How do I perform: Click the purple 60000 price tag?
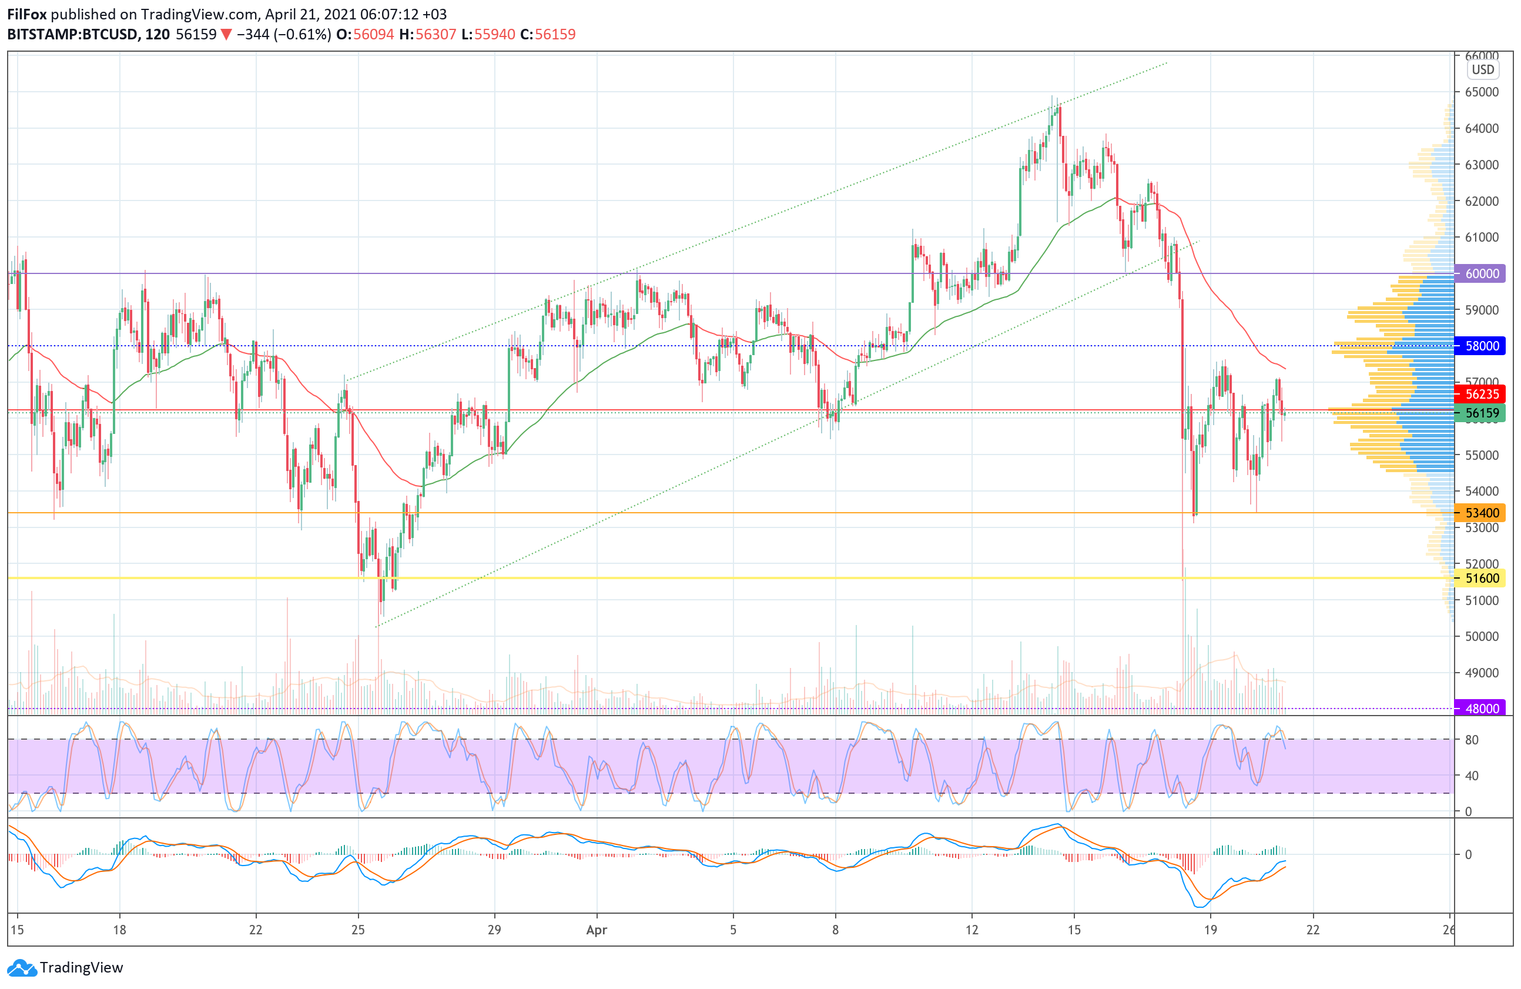(1482, 273)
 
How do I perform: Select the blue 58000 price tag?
(1482, 346)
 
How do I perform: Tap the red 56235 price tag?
(1482, 395)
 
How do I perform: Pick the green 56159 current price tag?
(1482, 413)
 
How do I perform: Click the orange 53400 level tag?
(1482, 513)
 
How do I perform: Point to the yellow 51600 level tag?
(1482, 579)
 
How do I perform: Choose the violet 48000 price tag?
(1482, 709)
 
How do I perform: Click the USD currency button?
(1483, 70)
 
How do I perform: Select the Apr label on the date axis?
(597, 930)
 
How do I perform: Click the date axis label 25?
(358, 930)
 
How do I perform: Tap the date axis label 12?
(971, 930)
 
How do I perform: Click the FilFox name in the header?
(27, 14)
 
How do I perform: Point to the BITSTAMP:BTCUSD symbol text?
(72, 35)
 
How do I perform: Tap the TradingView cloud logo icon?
(22, 968)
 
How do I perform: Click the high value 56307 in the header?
(436, 35)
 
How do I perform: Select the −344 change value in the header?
(253, 35)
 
